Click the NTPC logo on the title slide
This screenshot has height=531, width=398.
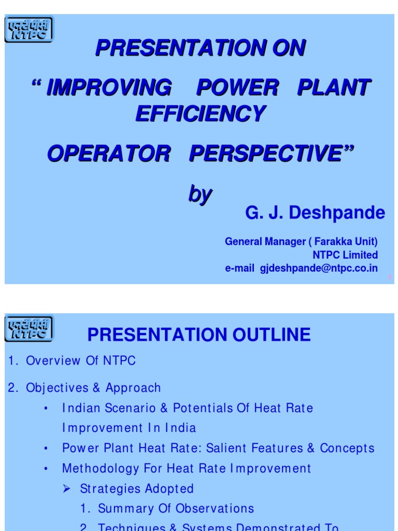(x=29, y=30)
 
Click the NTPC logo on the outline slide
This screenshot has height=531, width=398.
(x=29, y=328)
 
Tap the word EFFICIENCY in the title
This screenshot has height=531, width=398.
(x=201, y=114)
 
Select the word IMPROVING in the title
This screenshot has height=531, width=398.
(x=109, y=88)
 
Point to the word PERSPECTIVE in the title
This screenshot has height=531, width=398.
(x=264, y=153)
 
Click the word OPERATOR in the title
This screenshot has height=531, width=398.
(x=108, y=153)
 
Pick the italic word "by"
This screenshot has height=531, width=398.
(x=200, y=194)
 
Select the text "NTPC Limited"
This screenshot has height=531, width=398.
(x=345, y=255)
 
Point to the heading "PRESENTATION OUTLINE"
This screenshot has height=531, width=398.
(x=199, y=334)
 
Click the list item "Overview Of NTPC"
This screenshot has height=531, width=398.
(x=81, y=361)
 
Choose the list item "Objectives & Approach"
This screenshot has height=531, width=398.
(x=93, y=388)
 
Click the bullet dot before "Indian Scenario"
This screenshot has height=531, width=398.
(x=46, y=409)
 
